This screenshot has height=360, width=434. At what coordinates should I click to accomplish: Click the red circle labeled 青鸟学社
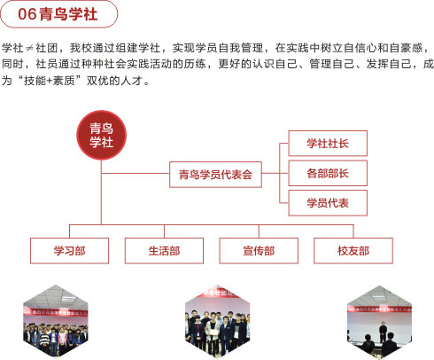pos(101,135)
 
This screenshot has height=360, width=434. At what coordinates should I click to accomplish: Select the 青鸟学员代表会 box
pos(215,175)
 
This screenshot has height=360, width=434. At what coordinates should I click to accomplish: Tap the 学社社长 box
pos(328,144)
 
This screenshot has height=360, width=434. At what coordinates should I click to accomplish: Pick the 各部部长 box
pos(328,173)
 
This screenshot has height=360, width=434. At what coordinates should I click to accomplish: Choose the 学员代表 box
pos(328,203)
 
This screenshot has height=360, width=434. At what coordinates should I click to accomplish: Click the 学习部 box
pos(69,251)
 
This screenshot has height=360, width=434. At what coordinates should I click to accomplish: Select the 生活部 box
pos(164,251)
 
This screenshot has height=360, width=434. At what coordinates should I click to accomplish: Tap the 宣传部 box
pos(259,251)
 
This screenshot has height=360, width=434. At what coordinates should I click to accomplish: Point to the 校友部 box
pos(353,251)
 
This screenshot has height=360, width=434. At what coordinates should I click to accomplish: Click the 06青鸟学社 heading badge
pos(59,14)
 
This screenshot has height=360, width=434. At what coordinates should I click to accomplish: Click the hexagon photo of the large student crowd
pos(56,321)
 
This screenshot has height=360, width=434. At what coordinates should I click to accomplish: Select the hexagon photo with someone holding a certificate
pos(218,321)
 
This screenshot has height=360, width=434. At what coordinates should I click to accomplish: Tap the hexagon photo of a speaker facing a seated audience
pos(379,322)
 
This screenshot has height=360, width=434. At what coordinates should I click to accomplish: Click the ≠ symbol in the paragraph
pos(29,48)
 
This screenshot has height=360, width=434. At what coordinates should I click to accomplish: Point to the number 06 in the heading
pos(27,14)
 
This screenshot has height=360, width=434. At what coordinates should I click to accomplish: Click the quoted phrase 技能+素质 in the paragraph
pos(50,81)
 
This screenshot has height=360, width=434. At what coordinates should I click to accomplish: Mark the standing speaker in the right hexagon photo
pos(383,332)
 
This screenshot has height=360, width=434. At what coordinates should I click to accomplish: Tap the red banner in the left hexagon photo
pos(56,312)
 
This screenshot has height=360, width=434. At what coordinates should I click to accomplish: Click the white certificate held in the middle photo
pos(214,332)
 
